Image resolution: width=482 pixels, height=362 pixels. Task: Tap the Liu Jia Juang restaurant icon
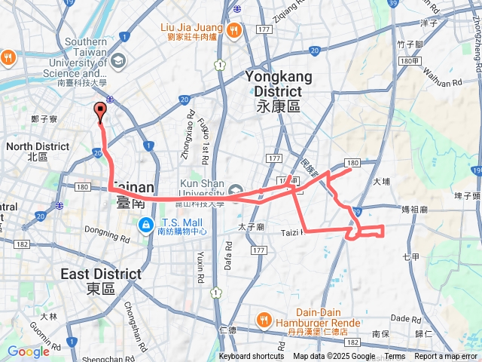[x=233, y=31]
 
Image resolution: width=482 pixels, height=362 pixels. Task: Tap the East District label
[x=102, y=280]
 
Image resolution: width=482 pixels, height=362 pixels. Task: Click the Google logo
[x=29, y=351]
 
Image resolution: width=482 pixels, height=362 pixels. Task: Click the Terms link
[x=395, y=357]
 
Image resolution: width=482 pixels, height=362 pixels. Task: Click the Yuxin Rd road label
[x=201, y=257]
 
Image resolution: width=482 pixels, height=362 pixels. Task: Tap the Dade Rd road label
[x=406, y=319]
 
